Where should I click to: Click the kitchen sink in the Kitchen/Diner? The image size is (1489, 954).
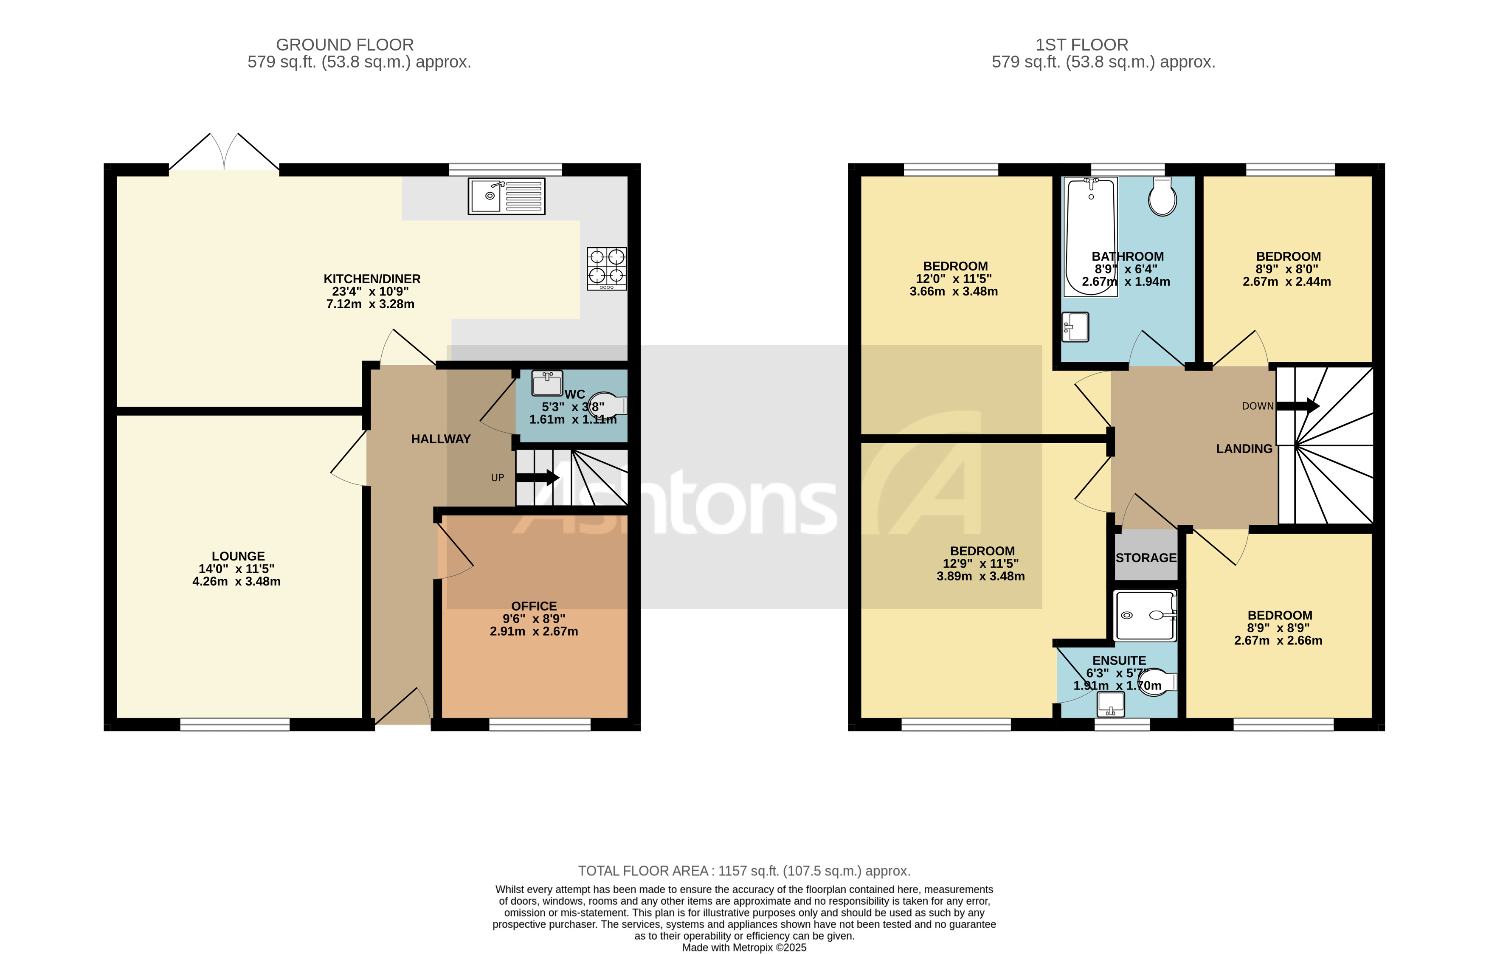coord(506,197)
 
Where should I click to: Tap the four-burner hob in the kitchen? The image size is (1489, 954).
coord(606,268)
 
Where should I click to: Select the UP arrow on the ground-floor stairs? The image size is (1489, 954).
coord(537,478)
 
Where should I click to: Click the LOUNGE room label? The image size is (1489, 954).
coord(238,556)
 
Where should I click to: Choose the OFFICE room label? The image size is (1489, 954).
coord(534,606)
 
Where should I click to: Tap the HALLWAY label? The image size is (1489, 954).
coord(440,439)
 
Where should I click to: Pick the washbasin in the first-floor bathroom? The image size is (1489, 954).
coord(1076,326)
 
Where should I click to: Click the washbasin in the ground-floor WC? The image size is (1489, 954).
coord(547,383)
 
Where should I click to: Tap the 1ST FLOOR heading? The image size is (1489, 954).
coord(1081,45)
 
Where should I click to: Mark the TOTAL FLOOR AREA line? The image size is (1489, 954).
coord(744,871)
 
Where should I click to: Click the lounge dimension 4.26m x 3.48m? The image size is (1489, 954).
coord(236,582)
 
